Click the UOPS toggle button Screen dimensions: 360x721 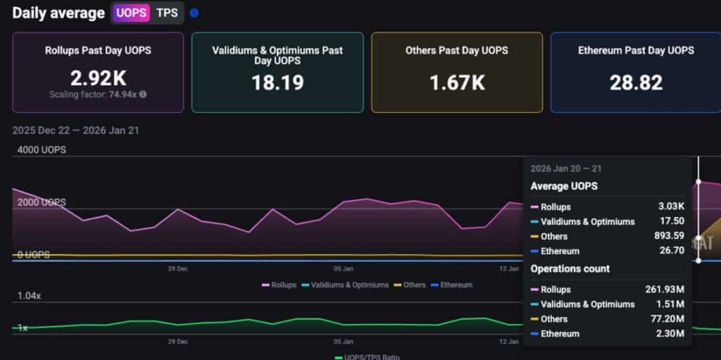click(132, 13)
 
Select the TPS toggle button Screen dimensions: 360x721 click(167, 13)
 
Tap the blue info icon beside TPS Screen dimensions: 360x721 click(194, 13)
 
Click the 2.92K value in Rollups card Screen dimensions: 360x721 click(98, 77)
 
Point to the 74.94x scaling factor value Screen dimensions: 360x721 click(123, 94)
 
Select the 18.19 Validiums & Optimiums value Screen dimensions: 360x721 click(277, 82)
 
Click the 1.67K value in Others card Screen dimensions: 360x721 click(457, 82)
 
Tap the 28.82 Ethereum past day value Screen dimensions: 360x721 click(636, 82)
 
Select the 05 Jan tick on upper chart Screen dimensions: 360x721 click(343, 268)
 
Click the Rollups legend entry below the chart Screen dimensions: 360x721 click(279, 285)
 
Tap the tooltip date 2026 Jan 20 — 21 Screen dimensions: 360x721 click(566, 169)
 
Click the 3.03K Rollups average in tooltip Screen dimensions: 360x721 click(671, 207)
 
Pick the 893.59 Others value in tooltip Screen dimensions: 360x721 click(668, 236)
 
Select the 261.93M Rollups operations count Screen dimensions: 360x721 click(665, 290)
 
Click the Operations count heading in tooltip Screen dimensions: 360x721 click(570, 268)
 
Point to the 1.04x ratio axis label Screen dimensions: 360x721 click(29, 296)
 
